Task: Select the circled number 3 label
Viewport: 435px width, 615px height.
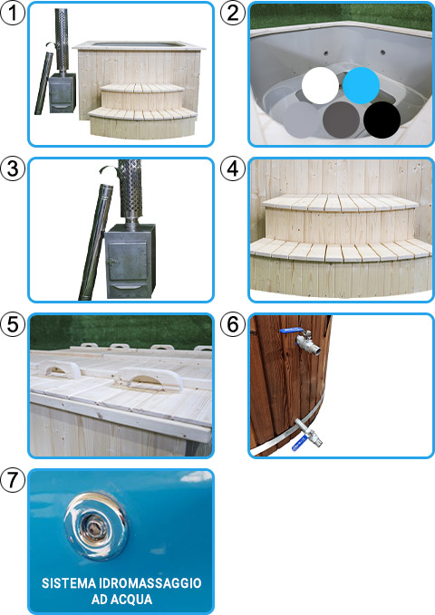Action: pos(12,169)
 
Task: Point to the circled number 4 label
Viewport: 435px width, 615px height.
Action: pos(233,169)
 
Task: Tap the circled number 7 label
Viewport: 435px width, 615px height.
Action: pos(12,481)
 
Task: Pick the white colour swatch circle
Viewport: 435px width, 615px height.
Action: pos(320,85)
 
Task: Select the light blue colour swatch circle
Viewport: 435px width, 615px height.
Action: pos(361,85)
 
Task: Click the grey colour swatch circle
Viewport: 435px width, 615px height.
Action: pos(341,119)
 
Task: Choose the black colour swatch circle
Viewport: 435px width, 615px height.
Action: pos(382,119)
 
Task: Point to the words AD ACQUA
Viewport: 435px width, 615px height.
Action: pos(121,601)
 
